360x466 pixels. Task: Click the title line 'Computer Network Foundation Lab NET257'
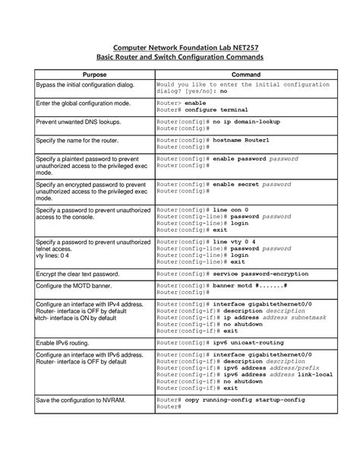[x=181, y=46]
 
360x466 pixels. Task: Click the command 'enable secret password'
[x=262, y=184]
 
